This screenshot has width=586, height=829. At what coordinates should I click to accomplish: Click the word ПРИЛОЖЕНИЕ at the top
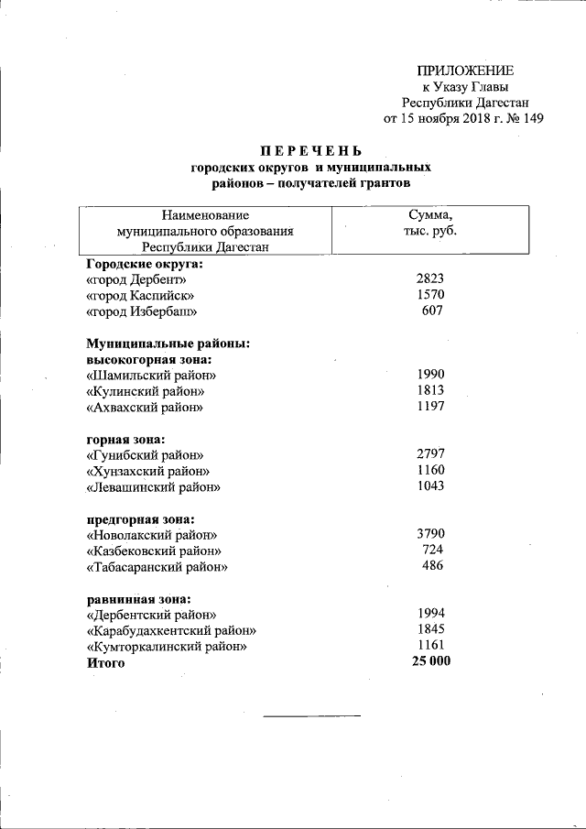tap(465, 71)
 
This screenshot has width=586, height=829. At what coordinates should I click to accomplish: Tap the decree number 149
tap(533, 119)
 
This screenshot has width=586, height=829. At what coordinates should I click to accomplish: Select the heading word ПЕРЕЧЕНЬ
tap(310, 151)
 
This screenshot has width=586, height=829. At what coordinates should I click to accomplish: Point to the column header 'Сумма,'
tap(430, 215)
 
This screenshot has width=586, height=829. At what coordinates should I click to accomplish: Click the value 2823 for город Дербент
tap(429, 279)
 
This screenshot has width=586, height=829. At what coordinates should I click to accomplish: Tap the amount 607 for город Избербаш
tap(432, 311)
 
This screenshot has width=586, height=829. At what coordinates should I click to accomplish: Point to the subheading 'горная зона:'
tap(125, 439)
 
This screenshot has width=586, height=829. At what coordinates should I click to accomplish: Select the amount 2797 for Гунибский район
tap(429, 454)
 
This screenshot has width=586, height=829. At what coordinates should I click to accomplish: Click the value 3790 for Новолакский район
tap(429, 534)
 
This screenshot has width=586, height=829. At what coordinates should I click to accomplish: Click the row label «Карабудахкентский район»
tap(171, 630)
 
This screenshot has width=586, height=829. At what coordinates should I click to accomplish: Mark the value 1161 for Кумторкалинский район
tap(429, 646)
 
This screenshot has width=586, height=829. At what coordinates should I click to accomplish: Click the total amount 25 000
tap(432, 661)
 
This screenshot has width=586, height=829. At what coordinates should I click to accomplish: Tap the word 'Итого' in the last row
tap(105, 662)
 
